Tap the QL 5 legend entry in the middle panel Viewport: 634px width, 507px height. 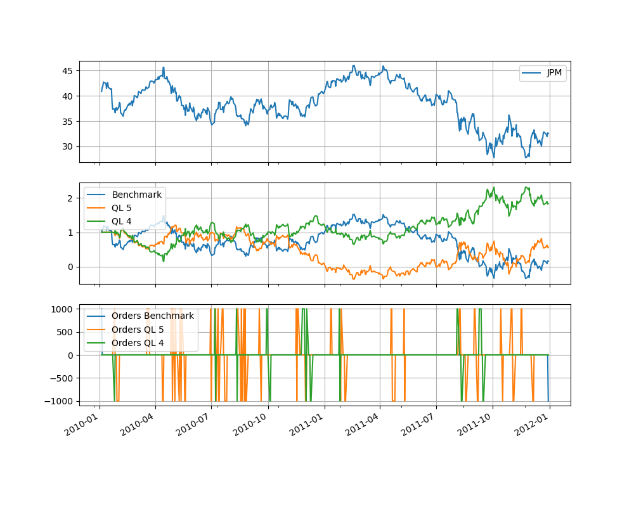click(124, 207)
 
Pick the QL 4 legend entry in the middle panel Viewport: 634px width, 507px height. click(124, 221)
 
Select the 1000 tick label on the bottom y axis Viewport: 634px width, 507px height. click(65, 309)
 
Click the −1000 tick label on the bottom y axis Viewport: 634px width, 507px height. click(61, 401)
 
